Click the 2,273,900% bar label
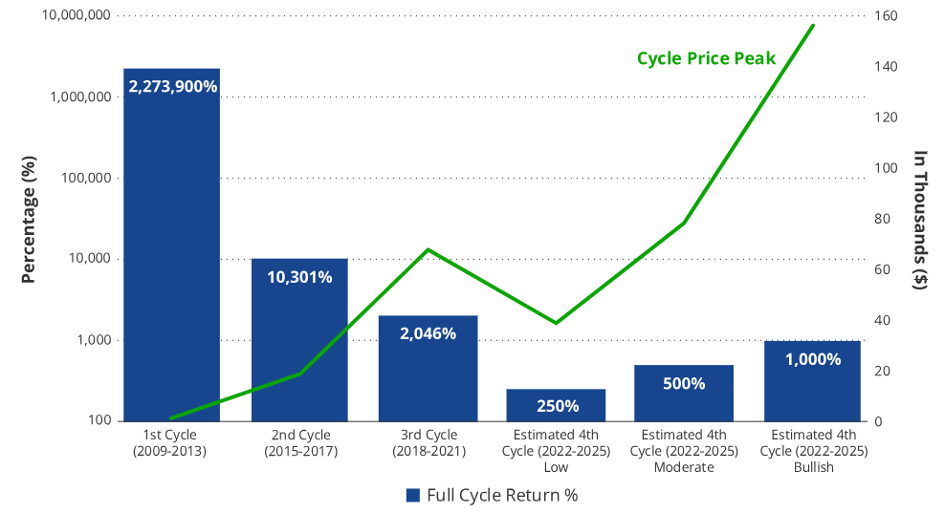[172, 86]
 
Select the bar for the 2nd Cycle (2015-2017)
[299, 344]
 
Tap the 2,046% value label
[428, 333]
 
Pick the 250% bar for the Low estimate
[556, 405]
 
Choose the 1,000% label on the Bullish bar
[812, 359]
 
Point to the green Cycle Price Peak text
[706, 58]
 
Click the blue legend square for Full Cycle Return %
[413, 495]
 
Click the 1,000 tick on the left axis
[94, 340]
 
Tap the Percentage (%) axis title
[29, 219]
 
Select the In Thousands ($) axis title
[920, 219]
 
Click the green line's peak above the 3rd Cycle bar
[429, 250]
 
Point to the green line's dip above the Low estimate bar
[556, 323]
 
